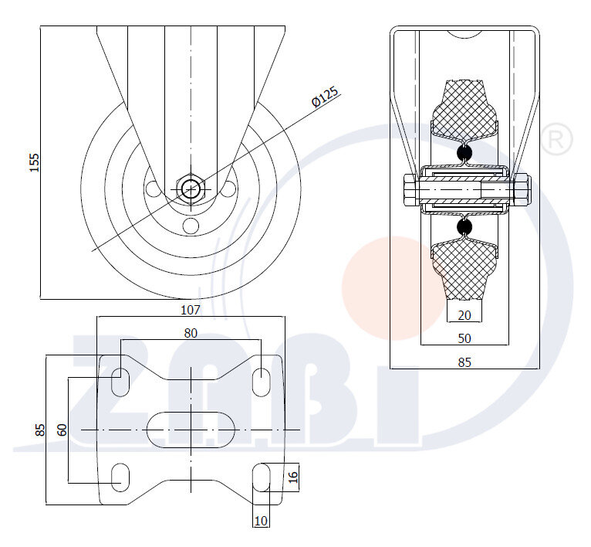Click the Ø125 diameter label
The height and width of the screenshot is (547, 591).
tap(325, 97)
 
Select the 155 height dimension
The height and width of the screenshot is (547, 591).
tap(34, 162)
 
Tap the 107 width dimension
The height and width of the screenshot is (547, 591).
tap(191, 310)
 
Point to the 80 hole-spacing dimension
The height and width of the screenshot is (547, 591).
tap(191, 333)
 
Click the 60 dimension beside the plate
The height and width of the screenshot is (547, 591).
tap(62, 430)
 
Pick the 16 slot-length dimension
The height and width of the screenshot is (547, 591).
tap(293, 477)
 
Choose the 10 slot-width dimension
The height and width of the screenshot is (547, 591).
tap(261, 521)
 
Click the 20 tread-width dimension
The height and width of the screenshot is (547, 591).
tap(464, 315)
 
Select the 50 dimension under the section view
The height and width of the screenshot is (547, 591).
tap(464, 338)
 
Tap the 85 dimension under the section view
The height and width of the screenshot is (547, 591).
tap(464, 362)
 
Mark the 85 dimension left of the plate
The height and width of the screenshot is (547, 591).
tap(40, 430)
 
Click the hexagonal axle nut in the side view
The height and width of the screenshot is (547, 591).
tap(191, 188)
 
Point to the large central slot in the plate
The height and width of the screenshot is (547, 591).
tap(191, 430)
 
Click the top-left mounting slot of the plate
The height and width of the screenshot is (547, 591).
tap(120, 382)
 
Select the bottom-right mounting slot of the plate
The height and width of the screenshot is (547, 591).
tap(262, 477)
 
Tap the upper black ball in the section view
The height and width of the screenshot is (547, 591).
tap(464, 153)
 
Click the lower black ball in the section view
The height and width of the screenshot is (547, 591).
tap(464, 227)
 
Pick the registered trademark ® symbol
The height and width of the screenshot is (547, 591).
tap(557, 139)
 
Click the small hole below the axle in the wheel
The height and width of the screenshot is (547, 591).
tap(191, 226)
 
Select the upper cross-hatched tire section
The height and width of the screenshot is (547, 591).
tap(464, 110)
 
